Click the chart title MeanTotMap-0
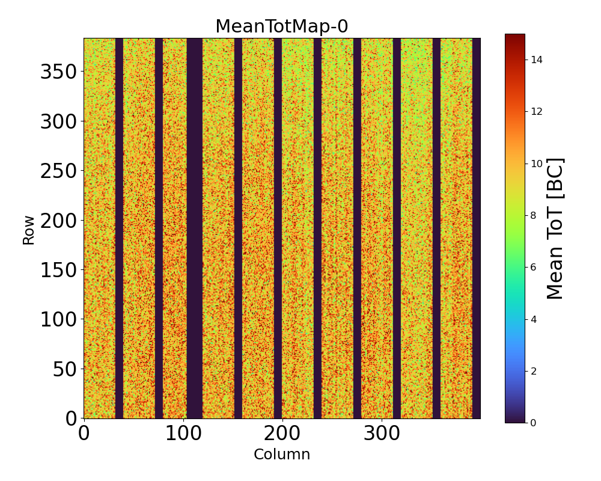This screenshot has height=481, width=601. (x=281, y=26)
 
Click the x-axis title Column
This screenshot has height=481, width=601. (x=282, y=455)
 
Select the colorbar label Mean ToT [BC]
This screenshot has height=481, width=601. (x=555, y=228)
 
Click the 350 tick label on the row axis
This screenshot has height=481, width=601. (x=59, y=72)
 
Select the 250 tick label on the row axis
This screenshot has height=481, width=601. (x=59, y=171)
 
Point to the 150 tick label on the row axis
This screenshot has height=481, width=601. (x=59, y=270)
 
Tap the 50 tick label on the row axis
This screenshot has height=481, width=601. (x=66, y=369)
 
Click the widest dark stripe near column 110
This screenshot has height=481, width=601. (x=195, y=228)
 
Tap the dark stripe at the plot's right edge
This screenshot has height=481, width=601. (x=477, y=228)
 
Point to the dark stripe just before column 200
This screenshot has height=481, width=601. (x=278, y=228)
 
